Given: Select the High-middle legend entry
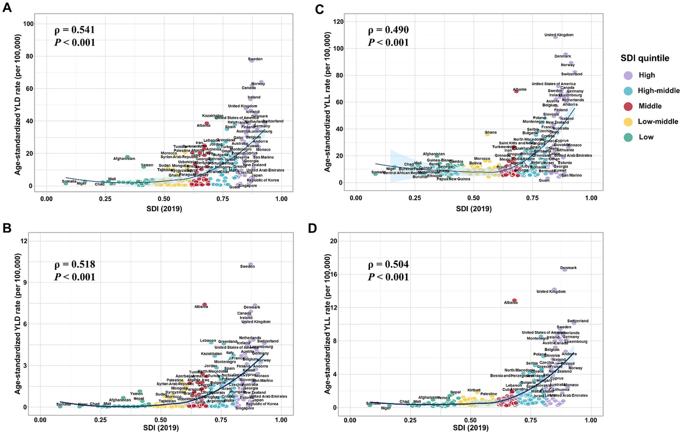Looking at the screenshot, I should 658,91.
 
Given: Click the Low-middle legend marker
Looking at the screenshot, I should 628,122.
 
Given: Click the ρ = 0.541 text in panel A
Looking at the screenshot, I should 74,30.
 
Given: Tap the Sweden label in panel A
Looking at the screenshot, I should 255,59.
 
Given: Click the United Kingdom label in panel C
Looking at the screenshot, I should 558,35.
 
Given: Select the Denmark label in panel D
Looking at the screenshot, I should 568,268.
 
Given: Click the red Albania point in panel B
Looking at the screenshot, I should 204,304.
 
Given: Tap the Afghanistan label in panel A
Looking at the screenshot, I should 124,159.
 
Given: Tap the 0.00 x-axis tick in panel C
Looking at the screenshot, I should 355,197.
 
